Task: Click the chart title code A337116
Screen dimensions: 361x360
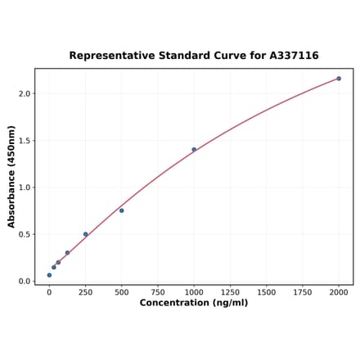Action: click(291, 56)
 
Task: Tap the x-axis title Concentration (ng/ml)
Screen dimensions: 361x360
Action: click(193, 303)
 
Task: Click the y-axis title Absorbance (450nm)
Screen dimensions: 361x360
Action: click(11, 176)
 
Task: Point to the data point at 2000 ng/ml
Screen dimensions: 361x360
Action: click(339, 79)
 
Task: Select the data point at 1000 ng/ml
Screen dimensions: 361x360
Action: click(194, 149)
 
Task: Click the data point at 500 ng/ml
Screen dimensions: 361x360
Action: click(121, 210)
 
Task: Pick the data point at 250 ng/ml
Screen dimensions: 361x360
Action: click(85, 234)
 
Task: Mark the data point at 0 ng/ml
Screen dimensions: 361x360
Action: click(49, 275)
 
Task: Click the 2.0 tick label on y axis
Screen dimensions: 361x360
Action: click(24, 94)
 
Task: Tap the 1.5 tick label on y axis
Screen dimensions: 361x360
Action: click(24, 141)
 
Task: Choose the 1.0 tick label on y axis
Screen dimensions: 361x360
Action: click(24, 187)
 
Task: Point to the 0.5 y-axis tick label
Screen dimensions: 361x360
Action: click(24, 234)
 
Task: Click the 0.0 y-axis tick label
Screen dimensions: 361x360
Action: click(24, 281)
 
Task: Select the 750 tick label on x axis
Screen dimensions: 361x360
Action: click(157, 291)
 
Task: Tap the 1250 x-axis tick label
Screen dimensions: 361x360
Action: click(230, 291)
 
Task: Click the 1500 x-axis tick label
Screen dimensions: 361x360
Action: click(266, 291)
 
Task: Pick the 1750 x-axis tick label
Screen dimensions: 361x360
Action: click(302, 291)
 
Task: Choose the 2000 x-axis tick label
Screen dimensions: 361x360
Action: click(339, 291)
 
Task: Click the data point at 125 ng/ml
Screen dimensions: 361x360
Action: click(67, 253)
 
